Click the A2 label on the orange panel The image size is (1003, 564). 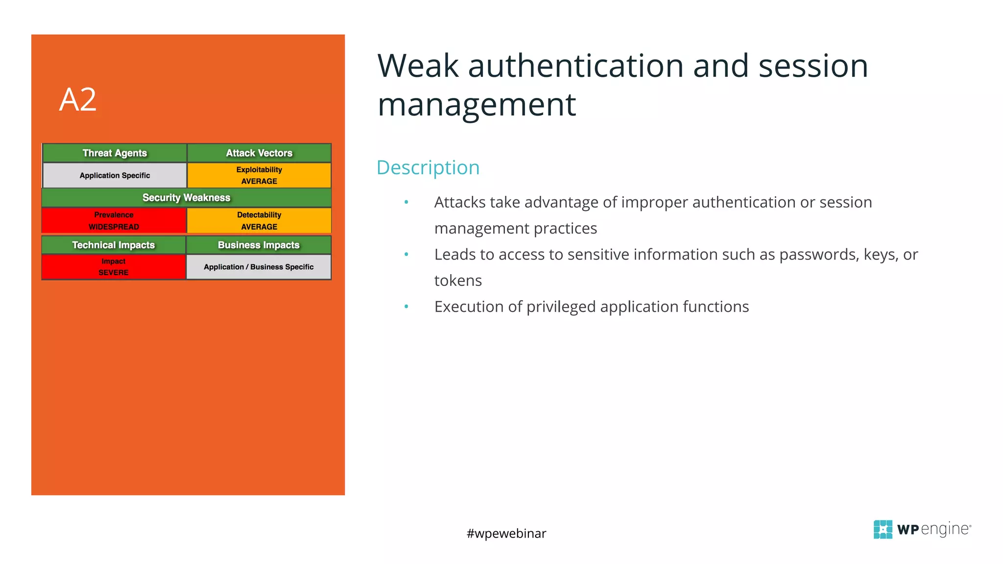[78, 100]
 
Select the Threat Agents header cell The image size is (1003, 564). [115, 153]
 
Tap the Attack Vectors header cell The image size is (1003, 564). [259, 153]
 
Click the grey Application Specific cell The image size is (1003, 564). [115, 175]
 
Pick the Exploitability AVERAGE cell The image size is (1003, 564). [259, 175]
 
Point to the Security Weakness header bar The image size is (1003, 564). [186, 198]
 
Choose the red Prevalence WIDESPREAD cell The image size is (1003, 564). [114, 221]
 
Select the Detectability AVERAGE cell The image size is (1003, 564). [259, 221]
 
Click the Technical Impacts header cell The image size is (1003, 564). [114, 245]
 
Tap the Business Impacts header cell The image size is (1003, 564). [259, 245]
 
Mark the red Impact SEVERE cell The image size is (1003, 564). [114, 267]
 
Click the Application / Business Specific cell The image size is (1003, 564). [259, 267]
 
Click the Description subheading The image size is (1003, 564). [428, 167]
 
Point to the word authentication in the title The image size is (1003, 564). [576, 66]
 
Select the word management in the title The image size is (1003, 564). [477, 105]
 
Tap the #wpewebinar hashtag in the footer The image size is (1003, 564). [506, 533]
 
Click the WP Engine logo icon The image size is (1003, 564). [883, 529]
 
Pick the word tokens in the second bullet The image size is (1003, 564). [458, 281]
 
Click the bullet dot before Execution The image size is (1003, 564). [406, 306]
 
